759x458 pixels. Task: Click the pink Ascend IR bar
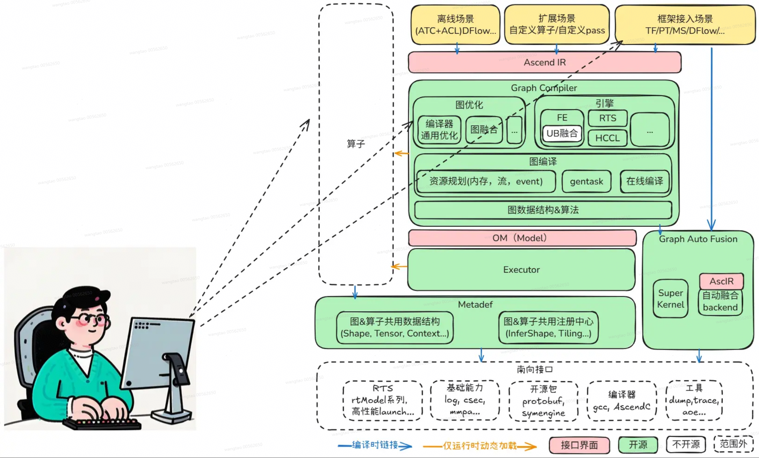pos(544,63)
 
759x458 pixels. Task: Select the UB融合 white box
pos(562,133)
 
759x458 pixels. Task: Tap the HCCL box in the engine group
pos(607,138)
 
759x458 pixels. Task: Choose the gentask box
pos(586,181)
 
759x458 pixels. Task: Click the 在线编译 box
pos(644,181)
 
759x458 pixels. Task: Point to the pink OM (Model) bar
pos(522,238)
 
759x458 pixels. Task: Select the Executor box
pos(521,270)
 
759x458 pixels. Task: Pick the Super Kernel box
pos(670,299)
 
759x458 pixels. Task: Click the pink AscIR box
pos(721,281)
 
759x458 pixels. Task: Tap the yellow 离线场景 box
pos(455,24)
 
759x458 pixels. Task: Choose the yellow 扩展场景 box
pos(557,24)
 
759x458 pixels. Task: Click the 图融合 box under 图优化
pos(484,130)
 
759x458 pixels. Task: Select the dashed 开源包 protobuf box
pos(543,401)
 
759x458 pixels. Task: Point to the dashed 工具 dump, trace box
pos(694,400)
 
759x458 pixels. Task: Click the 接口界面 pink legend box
pos(579,445)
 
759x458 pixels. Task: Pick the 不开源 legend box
pos(686,444)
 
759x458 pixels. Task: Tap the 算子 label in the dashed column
pos(356,144)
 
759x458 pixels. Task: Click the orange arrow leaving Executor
pos(399,267)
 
